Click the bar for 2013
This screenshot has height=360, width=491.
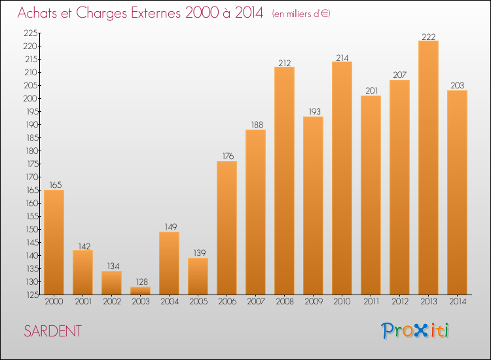click(428, 168)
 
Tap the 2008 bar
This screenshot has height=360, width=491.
click(284, 181)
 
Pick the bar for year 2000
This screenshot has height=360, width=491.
click(54, 242)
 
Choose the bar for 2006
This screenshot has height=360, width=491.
click(227, 228)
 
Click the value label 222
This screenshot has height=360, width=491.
click(428, 36)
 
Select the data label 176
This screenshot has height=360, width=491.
click(227, 156)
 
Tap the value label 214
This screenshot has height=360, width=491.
click(342, 57)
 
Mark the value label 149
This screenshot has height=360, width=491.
click(169, 227)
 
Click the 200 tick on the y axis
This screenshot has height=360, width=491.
click(31, 98)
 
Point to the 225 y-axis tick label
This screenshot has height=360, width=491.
click(31, 33)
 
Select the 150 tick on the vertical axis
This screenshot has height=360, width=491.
click(31, 229)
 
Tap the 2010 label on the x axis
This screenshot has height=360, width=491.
click(342, 302)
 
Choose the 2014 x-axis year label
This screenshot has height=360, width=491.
click(457, 302)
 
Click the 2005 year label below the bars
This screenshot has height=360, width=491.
click(198, 302)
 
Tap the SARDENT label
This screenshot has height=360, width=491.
click(52, 331)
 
